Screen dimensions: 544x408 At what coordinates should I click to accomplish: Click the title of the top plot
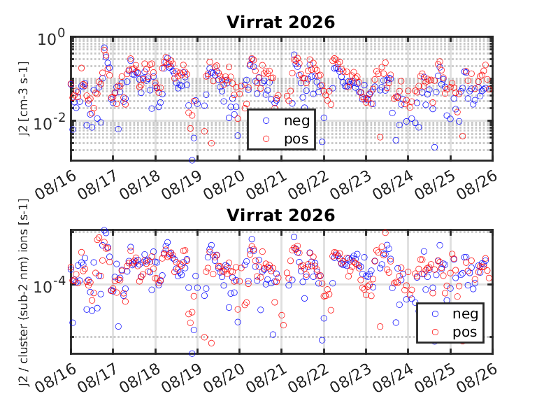(x=281, y=22)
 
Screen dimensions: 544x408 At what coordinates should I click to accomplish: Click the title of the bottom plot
(x=281, y=216)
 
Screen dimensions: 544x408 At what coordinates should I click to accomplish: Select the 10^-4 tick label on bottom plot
(x=49, y=286)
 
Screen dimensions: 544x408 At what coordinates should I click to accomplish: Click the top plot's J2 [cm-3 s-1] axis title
(x=23, y=99)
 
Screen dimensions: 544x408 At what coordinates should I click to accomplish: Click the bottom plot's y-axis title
(x=23, y=293)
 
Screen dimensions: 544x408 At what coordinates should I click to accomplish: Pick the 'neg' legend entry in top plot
(x=296, y=120)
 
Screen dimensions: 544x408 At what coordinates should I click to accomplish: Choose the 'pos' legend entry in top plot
(x=296, y=139)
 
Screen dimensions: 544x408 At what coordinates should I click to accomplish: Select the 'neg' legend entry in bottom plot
(x=465, y=314)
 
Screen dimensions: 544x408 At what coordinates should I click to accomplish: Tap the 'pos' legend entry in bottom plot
(x=465, y=332)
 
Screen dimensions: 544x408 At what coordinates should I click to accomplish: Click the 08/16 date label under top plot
(x=55, y=185)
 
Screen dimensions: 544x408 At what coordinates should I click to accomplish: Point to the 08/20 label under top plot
(x=224, y=185)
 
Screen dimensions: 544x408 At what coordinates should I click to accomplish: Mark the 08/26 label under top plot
(x=477, y=185)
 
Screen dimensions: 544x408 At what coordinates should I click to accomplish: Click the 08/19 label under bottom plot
(x=182, y=378)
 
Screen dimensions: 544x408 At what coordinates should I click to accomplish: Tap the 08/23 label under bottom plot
(x=350, y=378)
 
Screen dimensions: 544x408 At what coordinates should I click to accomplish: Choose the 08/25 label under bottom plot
(x=435, y=378)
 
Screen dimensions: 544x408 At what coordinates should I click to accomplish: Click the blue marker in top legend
(x=266, y=120)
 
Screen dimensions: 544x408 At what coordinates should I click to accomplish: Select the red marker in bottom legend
(x=435, y=332)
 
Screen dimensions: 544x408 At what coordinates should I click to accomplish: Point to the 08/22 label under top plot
(x=308, y=185)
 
